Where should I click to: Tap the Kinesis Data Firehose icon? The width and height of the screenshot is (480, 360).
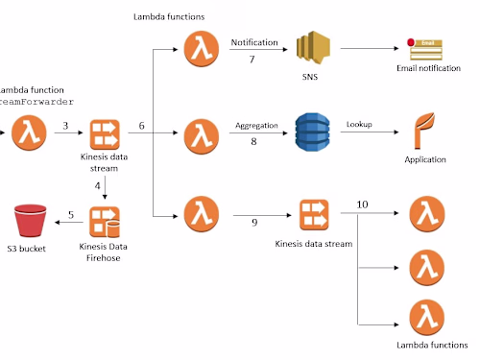click(x=106, y=223)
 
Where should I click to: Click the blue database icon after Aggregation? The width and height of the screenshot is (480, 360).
click(x=312, y=132)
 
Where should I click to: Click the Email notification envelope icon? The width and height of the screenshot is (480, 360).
click(x=426, y=49)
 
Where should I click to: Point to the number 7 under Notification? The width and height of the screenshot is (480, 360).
click(x=252, y=60)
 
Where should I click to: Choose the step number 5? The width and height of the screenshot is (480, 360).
click(x=69, y=214)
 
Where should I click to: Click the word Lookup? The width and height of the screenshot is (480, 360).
click(x=360, y=125)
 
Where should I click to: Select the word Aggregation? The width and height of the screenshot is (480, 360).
click(x=256, y=125)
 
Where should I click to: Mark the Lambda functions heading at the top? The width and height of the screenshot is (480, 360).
click(x=169, y=17)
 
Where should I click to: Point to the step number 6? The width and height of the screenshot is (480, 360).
click(x=141, y=127)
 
